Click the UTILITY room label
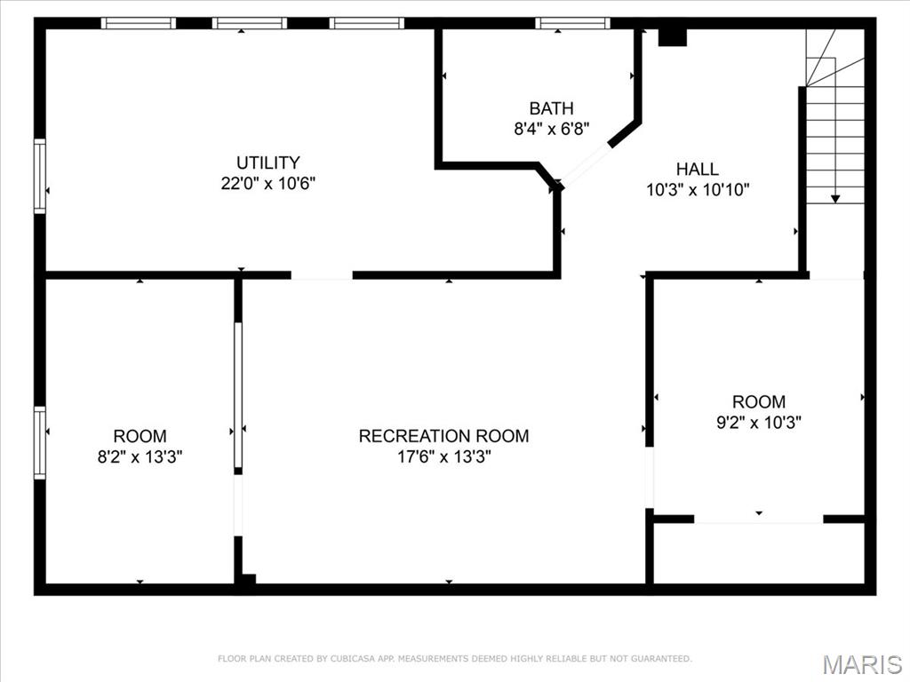click(267, 163)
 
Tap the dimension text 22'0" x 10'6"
click(267, 184)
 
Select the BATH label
click(551, 108)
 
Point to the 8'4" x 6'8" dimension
click(551, 129)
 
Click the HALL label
click(697, 169)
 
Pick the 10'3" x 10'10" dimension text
click(697, 189)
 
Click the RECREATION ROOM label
click(443, 436)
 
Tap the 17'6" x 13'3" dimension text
click(443, 457)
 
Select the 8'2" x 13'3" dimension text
click(140, 457)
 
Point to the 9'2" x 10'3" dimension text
click(758, 423)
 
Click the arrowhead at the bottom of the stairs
click(835, 199)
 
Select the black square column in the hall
click(673, 37)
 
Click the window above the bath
click(572, 23)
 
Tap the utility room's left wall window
click(40, 176)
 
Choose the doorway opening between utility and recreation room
click(322, 275)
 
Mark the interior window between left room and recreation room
click(238, 396)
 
